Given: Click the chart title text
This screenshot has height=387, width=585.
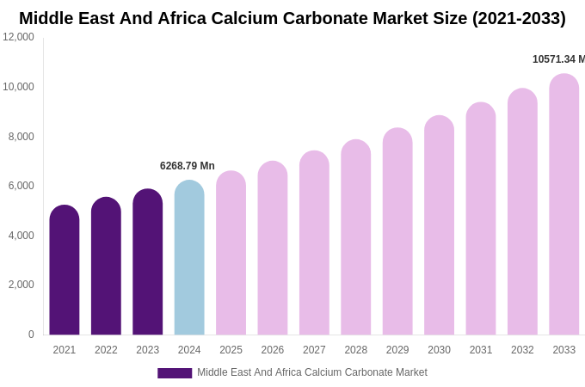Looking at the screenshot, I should (x=292, y=18).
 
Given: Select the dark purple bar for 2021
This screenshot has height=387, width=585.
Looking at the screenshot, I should (x=65, y=270).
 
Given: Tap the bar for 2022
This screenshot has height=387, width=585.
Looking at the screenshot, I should (x=106, y=266).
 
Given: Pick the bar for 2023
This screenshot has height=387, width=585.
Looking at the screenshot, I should (x=147, y=261).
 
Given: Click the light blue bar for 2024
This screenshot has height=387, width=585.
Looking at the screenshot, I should (x=189, y=257).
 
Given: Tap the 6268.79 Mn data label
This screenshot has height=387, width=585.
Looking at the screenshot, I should (x=188, y=166).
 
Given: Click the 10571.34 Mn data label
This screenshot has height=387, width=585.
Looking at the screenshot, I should (x=558, y=59).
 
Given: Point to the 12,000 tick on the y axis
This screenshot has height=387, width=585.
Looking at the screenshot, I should (x=18, y=37).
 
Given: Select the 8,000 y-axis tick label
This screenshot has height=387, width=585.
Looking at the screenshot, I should (x=22, y=137).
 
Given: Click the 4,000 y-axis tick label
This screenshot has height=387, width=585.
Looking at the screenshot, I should (x=22, y=236).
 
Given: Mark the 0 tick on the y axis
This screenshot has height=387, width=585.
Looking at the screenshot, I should (x=31, y=335).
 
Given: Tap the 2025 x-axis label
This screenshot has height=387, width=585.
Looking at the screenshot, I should (x=231, y=350).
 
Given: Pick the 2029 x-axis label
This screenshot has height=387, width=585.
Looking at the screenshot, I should (x=397, y=350).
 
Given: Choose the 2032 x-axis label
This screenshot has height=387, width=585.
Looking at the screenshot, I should (x=522, y=350).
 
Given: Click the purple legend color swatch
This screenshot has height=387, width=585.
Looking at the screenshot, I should (x=175, y=373).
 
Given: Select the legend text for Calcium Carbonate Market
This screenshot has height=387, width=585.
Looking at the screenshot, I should (x=312, y=372).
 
